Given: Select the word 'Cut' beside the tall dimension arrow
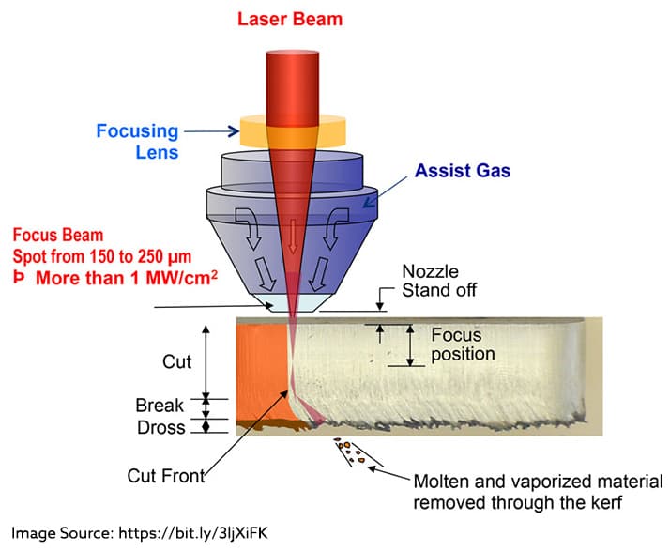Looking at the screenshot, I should pyautogui.click(x=176, y=361).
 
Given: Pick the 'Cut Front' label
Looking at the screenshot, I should pyautogui.click(x=164, y=476).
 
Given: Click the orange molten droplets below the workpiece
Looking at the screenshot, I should pyautogui.click(x=352, y=452).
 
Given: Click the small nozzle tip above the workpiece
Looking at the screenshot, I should pyautogui.click(x=291, y=305).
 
